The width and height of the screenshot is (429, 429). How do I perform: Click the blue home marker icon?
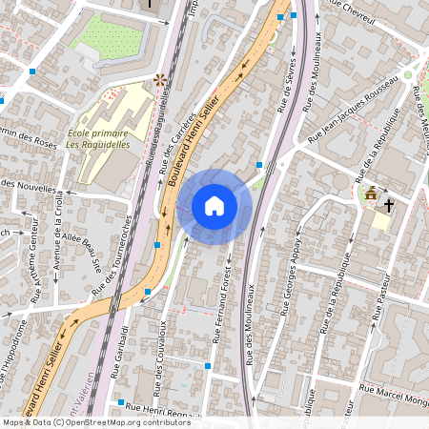214,206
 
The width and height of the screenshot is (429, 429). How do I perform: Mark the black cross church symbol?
389,204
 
